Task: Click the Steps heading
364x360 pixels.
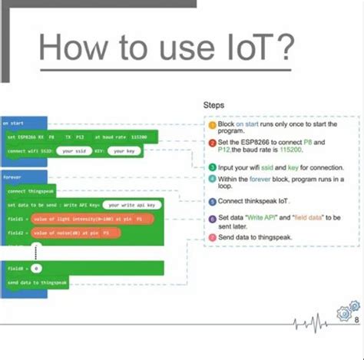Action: pyautogui.click(x=214, y=104)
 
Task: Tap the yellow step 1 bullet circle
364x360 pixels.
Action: pyautogui.click(x=211, y=124)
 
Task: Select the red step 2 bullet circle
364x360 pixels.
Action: pyautogui.click(x=211, y=143)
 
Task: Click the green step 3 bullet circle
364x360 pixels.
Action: pyautogui.click(x=211, y=167)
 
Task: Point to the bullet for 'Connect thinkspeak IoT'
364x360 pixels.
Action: pyautogui.click(x=211, y=202)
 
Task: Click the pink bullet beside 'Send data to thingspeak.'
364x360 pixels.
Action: pyautogui.click(x=211, y=238)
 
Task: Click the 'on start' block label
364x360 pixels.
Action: pyautogui.click(x=13, y=123)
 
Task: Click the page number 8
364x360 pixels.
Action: pyautogui.click(x=356, y=319)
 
